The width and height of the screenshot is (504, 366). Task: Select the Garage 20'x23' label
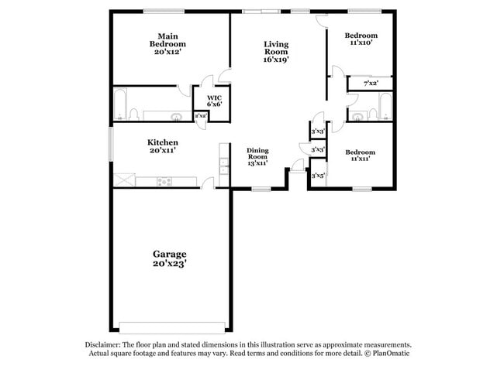click(169, 258)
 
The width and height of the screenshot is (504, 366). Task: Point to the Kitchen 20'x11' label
click(163, 147)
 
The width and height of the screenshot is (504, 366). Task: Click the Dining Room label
click(257, 156)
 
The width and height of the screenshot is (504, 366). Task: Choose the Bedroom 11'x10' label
click(361, 39)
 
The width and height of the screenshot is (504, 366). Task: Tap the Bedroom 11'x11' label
click(361, 156)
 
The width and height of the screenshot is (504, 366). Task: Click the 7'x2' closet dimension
click(371, 83)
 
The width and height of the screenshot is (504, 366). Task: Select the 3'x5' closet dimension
click(317, 176)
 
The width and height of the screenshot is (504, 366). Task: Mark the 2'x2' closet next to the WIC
click(200, 116)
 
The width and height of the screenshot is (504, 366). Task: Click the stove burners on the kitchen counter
click(164, 181)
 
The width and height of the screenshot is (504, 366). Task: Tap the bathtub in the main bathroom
click(121, 104)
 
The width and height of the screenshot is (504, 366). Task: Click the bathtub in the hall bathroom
click(385, 107)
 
